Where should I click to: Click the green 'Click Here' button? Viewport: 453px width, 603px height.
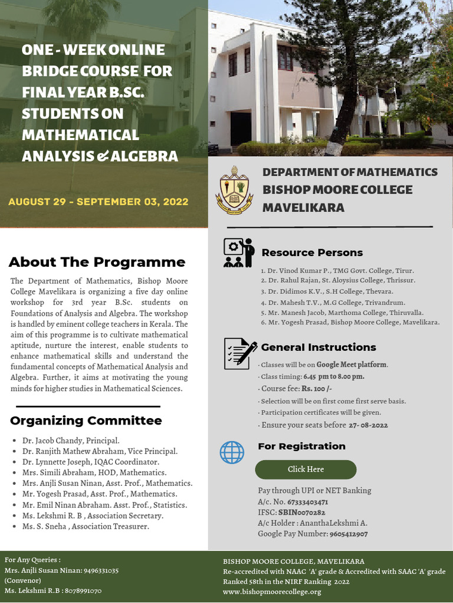(306, 469)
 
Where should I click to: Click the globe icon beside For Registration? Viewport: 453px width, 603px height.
(232, 452)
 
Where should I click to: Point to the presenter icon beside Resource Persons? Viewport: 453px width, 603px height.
(238, 253)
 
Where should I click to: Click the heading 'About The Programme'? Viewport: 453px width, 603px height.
(97, 262)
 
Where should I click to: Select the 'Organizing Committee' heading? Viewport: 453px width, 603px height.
(86, 420)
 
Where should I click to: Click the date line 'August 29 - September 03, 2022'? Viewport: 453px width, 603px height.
(99, 202)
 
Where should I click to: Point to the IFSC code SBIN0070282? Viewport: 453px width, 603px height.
(306, 512)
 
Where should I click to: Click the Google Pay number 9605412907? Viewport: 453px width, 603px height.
(348, 534)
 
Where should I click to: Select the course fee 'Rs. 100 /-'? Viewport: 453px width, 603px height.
(317, 389)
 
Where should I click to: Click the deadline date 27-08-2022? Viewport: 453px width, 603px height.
(368, 425)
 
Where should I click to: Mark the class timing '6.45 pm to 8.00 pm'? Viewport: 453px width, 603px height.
(333, 376)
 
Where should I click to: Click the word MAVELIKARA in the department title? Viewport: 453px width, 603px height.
(303, 208)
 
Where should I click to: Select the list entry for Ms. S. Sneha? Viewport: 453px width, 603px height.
(86, 526)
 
